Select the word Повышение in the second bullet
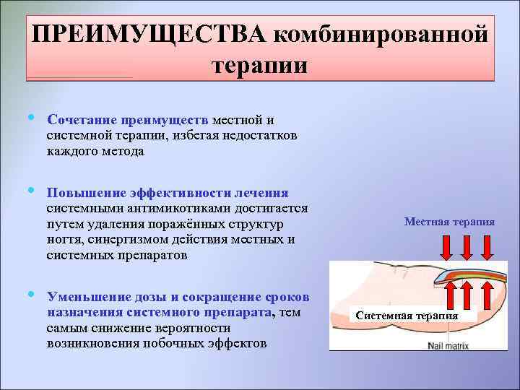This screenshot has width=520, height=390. pyautogui.click(x=87, y=193)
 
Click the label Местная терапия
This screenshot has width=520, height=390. pyautogui.click(x=449, y=222)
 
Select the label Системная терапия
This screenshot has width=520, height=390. pyautogui.click(x=407, y=316)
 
